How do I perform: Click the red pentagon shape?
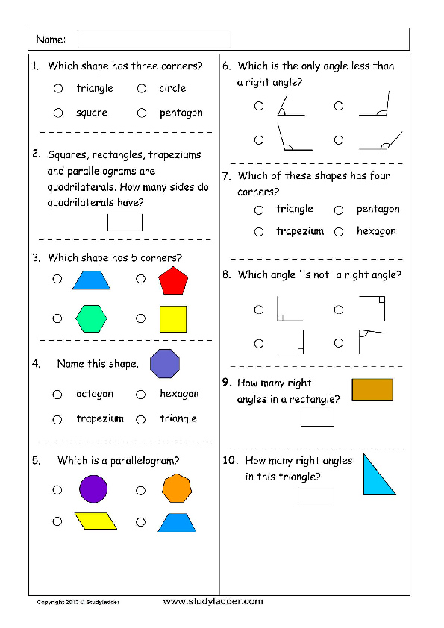click(x=172, y=281)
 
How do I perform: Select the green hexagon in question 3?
click(x=91, y=318)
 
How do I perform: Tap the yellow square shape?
click(x=172, y=318)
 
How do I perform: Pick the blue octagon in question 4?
click(x=165, y=365)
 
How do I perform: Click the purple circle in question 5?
click(x=93, y=489)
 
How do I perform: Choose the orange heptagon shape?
click(x=177, y=489)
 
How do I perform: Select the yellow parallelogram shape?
click(x=96, y=521)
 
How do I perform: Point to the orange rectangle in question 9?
click(x=372, y=389)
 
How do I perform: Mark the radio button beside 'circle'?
click(x=141, y=88)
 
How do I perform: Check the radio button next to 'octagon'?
click(x=57, y=394)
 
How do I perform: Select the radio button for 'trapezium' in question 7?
click(x=259, y=232)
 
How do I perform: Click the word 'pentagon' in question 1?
click(x=181, y=113)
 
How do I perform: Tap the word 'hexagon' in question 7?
click(x=376, y=232)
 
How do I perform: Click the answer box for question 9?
click(x=316, y=417)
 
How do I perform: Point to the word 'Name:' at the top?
click(x=51, y=40)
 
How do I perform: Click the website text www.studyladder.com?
click(x=213, y=601)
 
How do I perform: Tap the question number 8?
click(x=226, y=274)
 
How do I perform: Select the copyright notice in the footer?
click(x=78, y=602)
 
